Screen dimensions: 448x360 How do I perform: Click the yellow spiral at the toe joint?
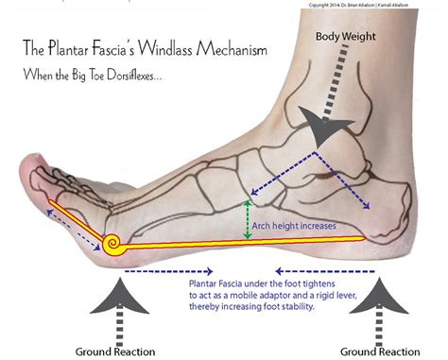[x=112, y=245]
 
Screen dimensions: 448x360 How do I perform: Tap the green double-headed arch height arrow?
[x=248, y=220]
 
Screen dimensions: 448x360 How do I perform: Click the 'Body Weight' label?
[x=346, y=37]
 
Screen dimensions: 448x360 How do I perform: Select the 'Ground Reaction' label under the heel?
[x=380, y=351]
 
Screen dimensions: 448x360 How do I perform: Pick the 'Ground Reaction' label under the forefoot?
[x=115, y=351]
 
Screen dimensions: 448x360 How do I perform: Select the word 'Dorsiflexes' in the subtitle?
[x=134, y=75]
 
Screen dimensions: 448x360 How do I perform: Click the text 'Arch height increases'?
[x=294, y=226]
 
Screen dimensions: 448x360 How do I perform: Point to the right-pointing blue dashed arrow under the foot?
[x=169, y=271]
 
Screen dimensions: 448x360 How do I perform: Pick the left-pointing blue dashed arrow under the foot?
[x=325, y=271]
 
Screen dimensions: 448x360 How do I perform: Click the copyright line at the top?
[x=358, y=5]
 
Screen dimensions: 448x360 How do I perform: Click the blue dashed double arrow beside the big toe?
[x=74, y=230]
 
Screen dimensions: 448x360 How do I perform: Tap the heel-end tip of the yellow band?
[x=365, y=238]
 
